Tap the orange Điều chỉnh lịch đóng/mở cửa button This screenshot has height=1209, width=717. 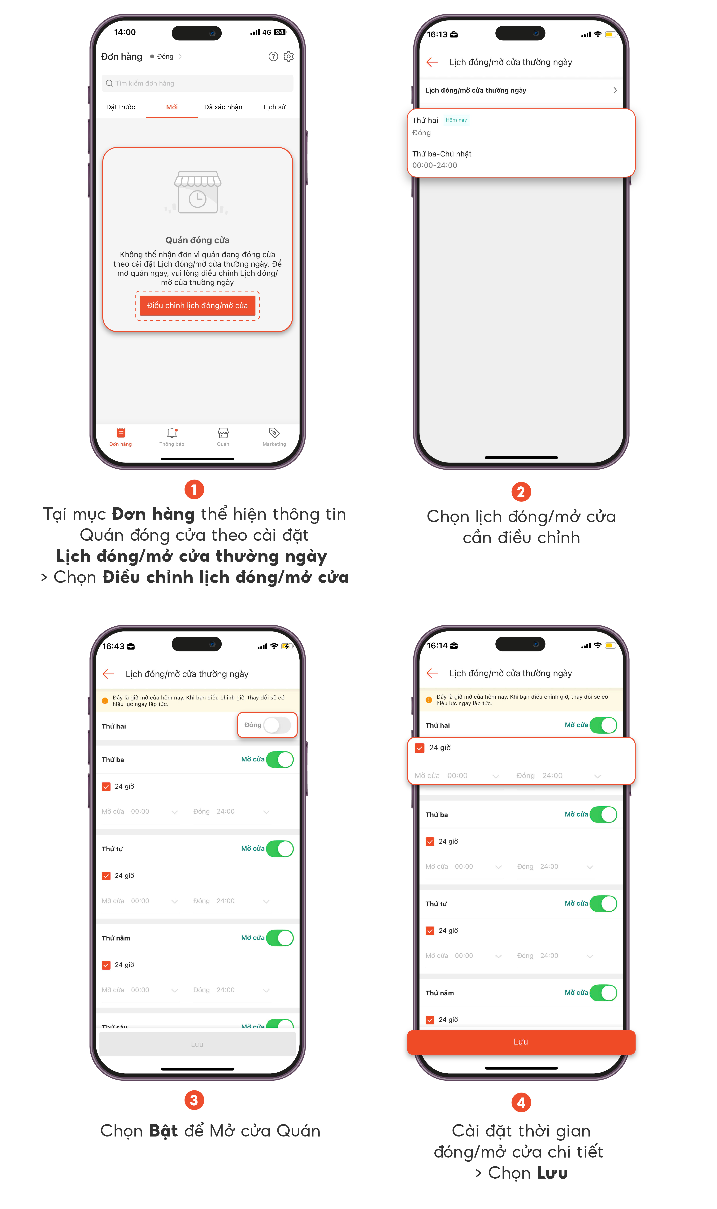coord(197,305)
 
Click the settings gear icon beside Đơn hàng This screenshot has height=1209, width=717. coord(289,57)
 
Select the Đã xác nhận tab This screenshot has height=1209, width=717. coord(223,107)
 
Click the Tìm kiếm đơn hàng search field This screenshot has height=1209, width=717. coord(197,83)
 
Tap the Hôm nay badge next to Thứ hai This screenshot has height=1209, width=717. coord(456,120)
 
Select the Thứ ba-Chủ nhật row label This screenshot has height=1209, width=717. coord(442,154)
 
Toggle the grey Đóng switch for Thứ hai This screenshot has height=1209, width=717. coord(277,725)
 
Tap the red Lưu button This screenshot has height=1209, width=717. coord(521,1042)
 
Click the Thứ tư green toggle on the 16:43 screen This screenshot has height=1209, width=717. coord(280,848)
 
